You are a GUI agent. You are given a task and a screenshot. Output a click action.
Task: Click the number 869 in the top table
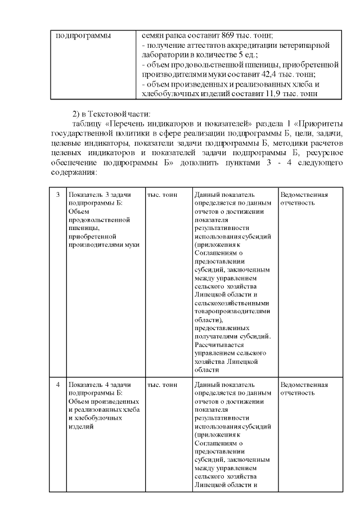(221, 35)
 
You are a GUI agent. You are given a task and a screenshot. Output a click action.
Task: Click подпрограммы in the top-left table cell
(82, 35)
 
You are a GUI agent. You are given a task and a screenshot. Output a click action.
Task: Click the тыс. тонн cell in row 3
(162, 195)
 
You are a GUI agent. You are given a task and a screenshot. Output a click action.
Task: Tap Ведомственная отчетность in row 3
(304, 199)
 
